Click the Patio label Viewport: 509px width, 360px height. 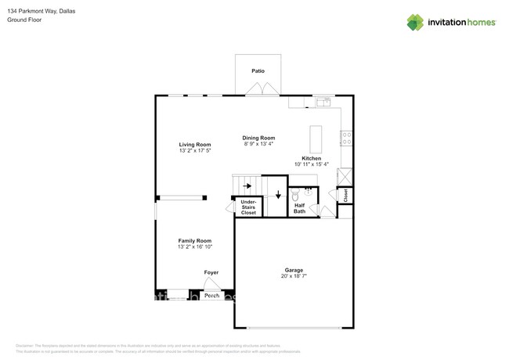[258, 71]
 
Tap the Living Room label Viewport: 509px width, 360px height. [195, 145]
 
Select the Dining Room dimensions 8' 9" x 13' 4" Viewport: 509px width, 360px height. [258, 144]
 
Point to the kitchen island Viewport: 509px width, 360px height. [316, 139]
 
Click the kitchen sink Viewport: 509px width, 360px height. [323, 102]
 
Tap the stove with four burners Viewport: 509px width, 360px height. [345, 138]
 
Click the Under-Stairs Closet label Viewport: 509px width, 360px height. [248, 207]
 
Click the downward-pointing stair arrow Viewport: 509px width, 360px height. [277, 194]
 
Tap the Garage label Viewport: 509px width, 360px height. [294, 271]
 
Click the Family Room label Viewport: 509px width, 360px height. [195, 241]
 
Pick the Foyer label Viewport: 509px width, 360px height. [211, 272]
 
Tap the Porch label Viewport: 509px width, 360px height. [211, 296]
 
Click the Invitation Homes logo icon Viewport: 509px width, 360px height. [415, 23]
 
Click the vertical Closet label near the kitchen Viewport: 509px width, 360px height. [345, 195]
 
